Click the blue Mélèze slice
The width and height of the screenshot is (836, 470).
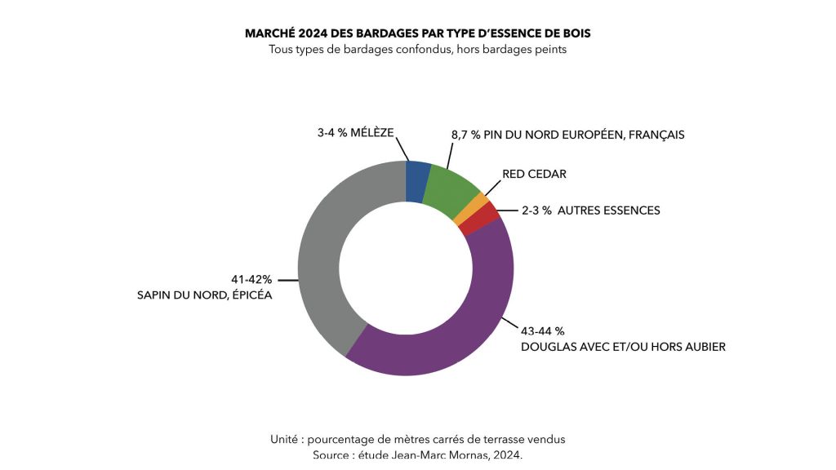[417, 181]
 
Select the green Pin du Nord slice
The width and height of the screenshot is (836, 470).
[452, 192]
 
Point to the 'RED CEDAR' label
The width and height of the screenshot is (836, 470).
[534, 174]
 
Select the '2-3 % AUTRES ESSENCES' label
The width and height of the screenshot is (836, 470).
[590, 211]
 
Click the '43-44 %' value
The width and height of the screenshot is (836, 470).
[542, 331]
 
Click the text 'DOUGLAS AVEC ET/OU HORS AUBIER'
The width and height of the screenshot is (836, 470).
[623, 347]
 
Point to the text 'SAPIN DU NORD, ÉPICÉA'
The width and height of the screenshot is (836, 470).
[204, 295]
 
